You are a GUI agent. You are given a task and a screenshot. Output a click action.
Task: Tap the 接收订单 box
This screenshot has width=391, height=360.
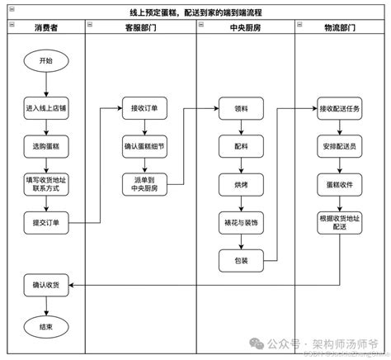[x=144, y=108]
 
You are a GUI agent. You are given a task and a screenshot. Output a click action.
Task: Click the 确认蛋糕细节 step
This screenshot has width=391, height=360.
[x=144, y=145]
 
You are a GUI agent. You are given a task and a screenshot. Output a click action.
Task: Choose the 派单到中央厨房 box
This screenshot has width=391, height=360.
[x=144, y=183]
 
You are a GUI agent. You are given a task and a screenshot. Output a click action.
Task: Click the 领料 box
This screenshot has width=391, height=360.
[x=240, y=108]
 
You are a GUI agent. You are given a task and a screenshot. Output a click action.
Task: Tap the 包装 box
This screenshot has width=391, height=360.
[x=240, y=260]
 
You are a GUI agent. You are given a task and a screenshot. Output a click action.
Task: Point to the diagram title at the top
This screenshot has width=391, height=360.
[x=195, y=12]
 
